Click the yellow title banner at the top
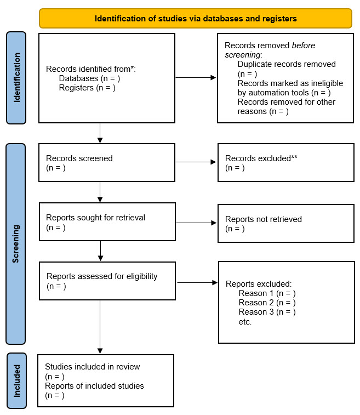[x=196, y=18]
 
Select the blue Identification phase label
[x=16, y=78]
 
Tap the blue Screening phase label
[x=16, y=243]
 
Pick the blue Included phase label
[x=16, y=380]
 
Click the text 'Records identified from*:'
[x=90, y=69]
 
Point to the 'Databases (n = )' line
[x=89, y=78]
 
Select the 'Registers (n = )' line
[x=87, y=88]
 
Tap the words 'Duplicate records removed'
[x=287, y=64]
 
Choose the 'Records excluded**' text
[x=261, y=158]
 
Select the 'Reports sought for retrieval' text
[x=96, y=218]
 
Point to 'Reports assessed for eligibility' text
[x=102, y=276]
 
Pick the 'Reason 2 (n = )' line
[x=267, y=303]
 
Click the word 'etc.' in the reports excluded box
[x=245, y=322]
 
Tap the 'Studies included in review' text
[x=92, y=367]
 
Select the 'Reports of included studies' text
[x=94, y=386]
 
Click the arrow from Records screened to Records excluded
[x=196, y=162]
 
